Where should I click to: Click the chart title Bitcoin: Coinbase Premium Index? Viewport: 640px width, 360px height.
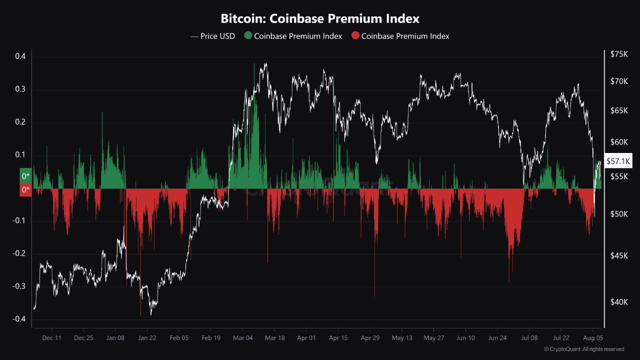[x=320, y=19]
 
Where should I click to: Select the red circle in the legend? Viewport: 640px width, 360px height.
[x=355, y=36]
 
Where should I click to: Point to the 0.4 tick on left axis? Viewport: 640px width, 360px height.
[x=20, y=56]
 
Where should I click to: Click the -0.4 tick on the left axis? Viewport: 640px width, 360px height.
[x=19, y=319]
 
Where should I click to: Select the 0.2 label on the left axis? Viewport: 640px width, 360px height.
[x=20, y=122]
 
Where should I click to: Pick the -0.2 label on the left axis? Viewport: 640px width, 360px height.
[x=19, y=253]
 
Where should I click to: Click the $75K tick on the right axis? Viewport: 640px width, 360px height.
[x=619, y=54]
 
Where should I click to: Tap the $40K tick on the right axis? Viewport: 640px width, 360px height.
[x=619, y=302]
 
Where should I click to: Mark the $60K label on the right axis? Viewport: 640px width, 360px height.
[x=619, y=142]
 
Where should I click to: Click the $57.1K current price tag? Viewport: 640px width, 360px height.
[x=618, y=161]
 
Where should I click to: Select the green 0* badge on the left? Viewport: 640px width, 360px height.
[x=25, y=176]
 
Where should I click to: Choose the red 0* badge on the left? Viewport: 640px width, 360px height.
[x=25, y=190]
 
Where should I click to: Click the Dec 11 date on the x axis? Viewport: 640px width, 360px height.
[x=51, y=338]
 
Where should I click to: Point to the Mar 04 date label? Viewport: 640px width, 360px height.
[x=242, y=338]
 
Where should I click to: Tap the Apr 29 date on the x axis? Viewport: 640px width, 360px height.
[x=370, y=338]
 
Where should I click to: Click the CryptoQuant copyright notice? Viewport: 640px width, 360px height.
[x=583, y=349]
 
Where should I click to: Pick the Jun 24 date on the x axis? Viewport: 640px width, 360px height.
[x=497, y=338]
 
